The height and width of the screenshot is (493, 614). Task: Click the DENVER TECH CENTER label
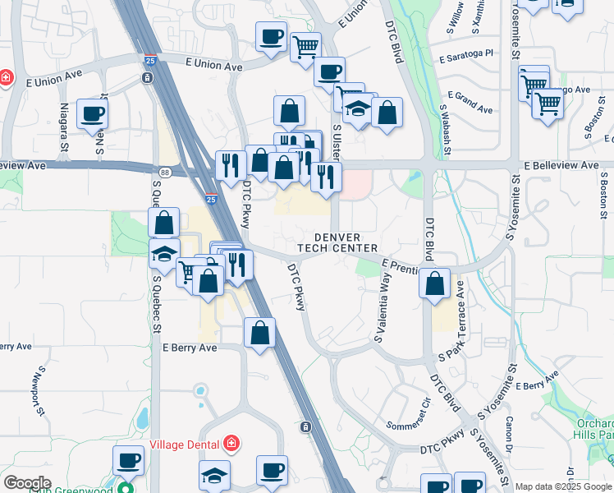(x=345, y=242)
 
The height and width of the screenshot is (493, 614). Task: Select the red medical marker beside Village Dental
(x=231, y=445)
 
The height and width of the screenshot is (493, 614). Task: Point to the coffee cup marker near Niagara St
(x=92, y=114)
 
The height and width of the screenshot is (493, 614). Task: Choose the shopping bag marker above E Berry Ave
(x=259, y=333)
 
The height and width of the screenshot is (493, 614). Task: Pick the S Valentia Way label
(x=381, y=309)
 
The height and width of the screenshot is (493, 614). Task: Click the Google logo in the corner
(x=27, y=483)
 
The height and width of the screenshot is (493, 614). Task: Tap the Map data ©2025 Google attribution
(x=563, y=486)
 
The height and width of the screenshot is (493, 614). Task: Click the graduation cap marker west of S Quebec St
(x=164, y=254)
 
